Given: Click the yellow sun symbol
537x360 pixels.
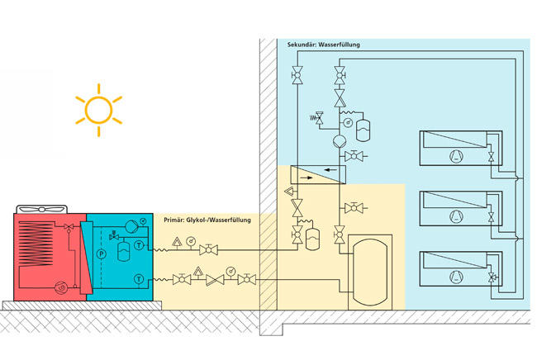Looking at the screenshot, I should [98, 108].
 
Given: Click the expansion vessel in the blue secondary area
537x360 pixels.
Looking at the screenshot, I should [359, 129].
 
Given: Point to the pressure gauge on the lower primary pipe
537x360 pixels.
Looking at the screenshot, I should [229, 269].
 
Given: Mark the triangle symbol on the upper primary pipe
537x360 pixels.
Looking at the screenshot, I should [175, 244].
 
